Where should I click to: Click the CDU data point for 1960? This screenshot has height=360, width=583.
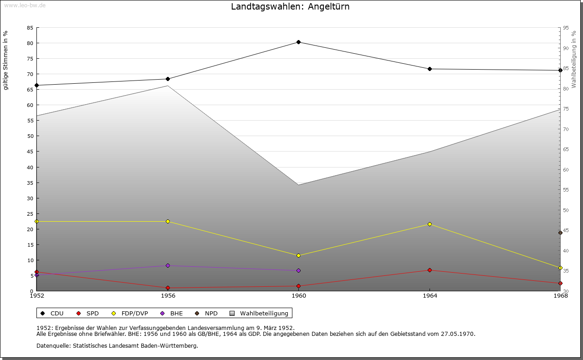[298, 42]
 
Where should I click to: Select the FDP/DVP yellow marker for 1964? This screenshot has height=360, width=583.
[430, 224]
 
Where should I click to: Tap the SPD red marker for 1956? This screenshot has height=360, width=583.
[168, 288]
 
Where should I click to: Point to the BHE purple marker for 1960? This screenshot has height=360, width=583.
[298, 270]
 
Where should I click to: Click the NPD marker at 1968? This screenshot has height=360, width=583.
[560, 233]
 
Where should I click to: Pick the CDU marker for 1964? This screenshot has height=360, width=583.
[430, 69]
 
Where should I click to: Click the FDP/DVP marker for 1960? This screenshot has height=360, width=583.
[298, 255]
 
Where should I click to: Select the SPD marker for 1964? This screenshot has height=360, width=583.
[430, 270]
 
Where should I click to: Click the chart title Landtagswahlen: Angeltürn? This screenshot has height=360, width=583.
[290, 6]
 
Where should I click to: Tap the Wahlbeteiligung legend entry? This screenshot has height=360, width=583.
[264, 313]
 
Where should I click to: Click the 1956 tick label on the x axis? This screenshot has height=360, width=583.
[168, 296]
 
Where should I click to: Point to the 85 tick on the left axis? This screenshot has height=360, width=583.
[30, 28]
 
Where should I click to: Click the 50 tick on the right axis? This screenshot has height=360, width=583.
[566, 210]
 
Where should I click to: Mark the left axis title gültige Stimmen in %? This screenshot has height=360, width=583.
[6, 60]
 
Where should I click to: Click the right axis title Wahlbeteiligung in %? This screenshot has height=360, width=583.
[574, 59]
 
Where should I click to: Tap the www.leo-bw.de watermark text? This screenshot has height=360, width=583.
[24, 5]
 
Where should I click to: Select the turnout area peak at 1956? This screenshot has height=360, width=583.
[168, 86]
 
